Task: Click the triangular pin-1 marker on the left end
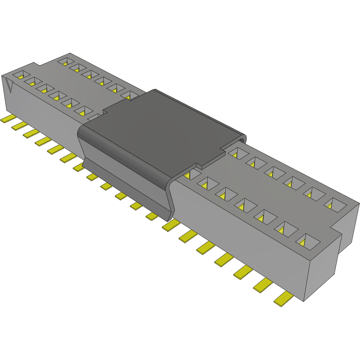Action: tap(9, 84)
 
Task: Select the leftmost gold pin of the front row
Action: tap(9, 118)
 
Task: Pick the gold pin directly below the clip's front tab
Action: tap(152, 216)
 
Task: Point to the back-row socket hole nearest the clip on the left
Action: tap(129, 95)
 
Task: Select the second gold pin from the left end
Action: tap(20, 125)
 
